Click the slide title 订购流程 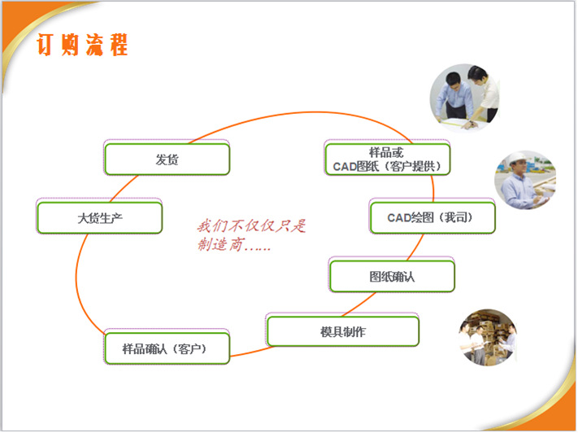[x=82, y=44]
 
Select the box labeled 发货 [x=167, y=159]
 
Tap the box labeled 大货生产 [x=99, y=217]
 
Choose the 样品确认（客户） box [x=166, y=348]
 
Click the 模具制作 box [x=342, y=331]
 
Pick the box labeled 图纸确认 [x=391, y=276]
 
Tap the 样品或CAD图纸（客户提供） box [x=387, y=159]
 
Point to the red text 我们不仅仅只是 [x=252, y=225]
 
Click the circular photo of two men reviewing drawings [x=464, y=96]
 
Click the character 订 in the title [x=46, y=44]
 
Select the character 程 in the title [x=119, y=44]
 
